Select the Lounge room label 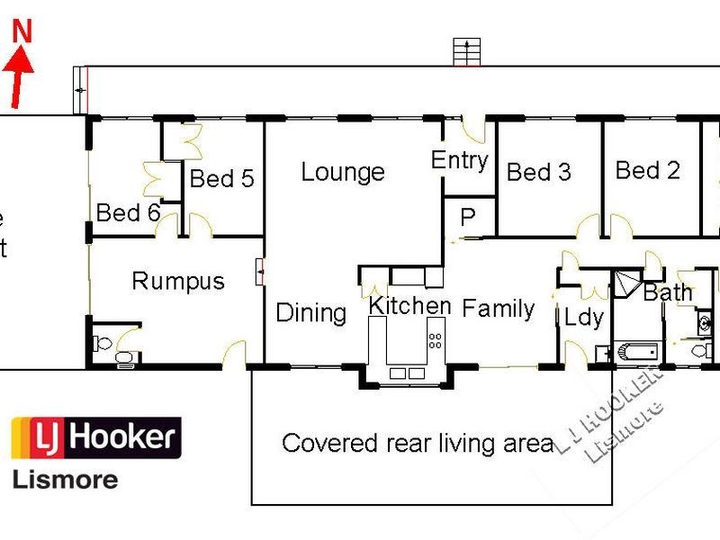tap(343, 172)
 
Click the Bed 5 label tap(221, 178)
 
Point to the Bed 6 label tap(129, 213)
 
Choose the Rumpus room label tap(177, 281)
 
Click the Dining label tap(310, 313)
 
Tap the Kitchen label tap(409, 305)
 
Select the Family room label tap(499, 309)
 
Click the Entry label tap(459, 160)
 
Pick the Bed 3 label tap(539, 172)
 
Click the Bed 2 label tap(647, 170)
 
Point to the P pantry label tap(468, 218)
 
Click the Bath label tap(668, 292)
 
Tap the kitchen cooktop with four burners tap(436, 341)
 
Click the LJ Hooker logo tap(95, 439)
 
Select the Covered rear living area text tap(417, 443)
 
